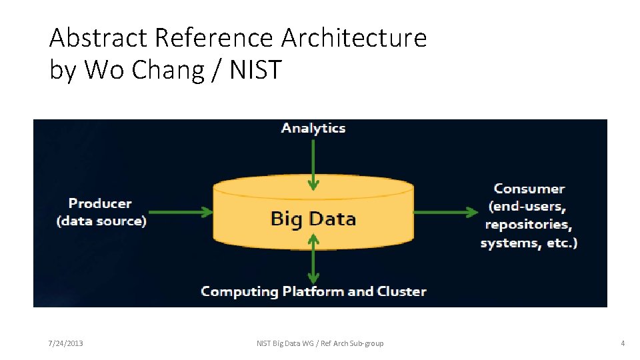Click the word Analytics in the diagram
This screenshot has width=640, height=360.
[x=313, y=128]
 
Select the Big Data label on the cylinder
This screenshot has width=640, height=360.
[x=313, y=219]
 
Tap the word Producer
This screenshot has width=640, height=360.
[x=100, y=203]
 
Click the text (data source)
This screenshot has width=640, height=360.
[x=101, y=221]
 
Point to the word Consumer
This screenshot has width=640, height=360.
[x=529, y=189]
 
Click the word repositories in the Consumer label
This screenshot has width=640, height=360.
[x=529, y=225]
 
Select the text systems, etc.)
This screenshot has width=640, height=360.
[x=529, y=243]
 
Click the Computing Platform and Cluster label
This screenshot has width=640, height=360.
[x=313, y=291]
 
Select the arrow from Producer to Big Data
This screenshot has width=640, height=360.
[x=181, y=213]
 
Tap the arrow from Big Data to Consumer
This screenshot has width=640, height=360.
[x=445, y=213]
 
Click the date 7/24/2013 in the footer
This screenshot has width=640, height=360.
[x=65, y=343]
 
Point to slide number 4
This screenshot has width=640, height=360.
[x=622, y=343]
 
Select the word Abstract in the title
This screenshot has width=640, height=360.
[x=99, y=38]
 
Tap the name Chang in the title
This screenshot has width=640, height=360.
[x=167, y=69]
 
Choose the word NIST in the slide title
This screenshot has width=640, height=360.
[x=256, y=69]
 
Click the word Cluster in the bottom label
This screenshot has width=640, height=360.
[x=401, y=291]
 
